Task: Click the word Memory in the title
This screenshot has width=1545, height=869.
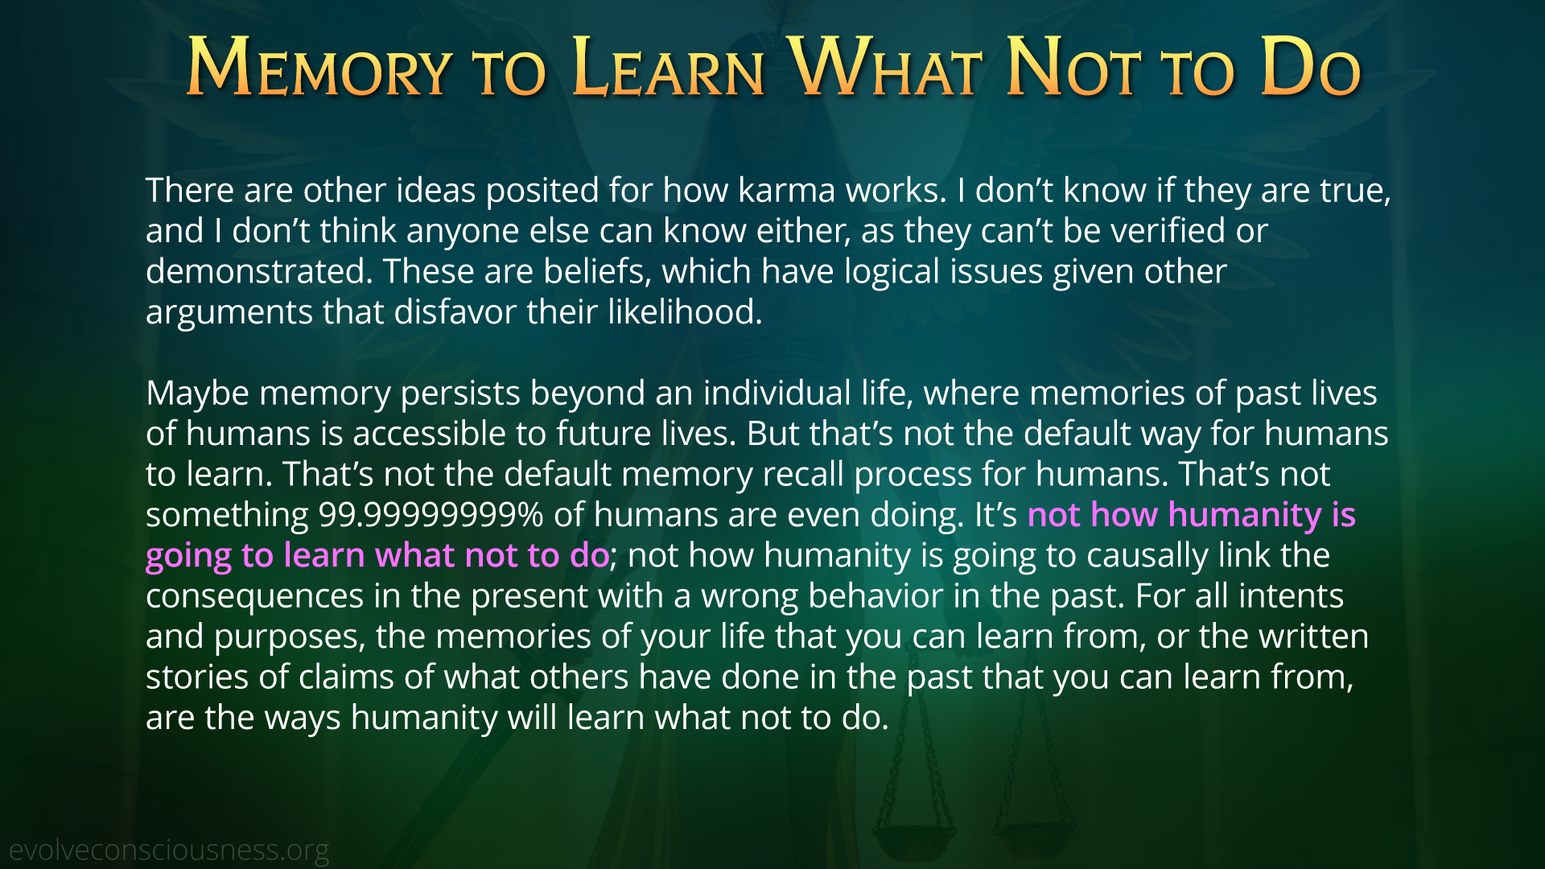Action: [x=319, y=68]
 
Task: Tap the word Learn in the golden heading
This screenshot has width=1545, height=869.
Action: [x=668, y=68]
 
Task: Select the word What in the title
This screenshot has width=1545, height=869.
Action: [x=886, y=68]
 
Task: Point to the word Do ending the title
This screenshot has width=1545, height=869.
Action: [x=1310, y=68]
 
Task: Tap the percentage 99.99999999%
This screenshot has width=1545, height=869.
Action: [x=431, y=515]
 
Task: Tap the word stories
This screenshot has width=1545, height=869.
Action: [x=197, y=677]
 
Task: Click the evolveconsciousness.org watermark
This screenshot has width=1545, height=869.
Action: [x=169, y=850]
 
